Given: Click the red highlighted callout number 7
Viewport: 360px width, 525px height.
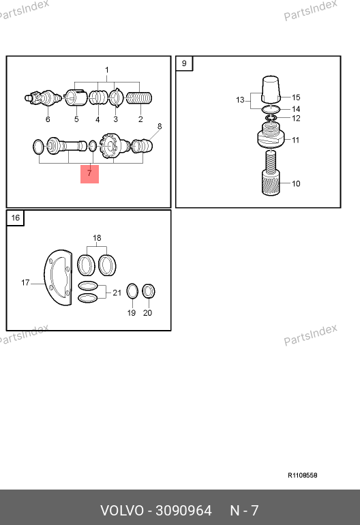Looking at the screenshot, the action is pos(89,173).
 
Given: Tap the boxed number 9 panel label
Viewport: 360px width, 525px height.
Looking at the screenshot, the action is pos(184,63).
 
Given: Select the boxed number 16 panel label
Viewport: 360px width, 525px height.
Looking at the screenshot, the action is pos(16,218).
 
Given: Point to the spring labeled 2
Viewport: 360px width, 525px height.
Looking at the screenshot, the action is pos(139,98).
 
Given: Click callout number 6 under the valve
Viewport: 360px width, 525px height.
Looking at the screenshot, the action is pos(48,119).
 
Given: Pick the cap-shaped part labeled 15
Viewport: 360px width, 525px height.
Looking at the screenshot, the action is pos(270,89).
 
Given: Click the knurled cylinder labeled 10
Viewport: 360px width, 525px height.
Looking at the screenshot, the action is pos(271,183).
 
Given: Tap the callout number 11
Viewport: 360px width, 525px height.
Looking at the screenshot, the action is pos(295,140).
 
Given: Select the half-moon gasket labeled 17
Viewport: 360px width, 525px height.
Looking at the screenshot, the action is pos(58,277).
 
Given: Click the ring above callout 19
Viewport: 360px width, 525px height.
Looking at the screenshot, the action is pos(132,291).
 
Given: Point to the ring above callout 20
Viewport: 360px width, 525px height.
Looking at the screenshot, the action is pos(149,291).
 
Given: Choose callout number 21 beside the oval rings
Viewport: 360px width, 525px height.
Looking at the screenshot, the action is pos(117,292).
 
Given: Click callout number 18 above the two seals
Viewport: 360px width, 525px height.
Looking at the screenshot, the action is pos(97,238).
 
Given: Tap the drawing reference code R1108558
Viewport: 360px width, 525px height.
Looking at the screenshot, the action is pos(303,475).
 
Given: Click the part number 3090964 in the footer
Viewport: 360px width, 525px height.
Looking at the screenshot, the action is pos(183,511).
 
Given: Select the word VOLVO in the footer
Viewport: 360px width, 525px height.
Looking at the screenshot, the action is pos(122,511).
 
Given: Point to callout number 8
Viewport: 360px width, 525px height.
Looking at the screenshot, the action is pos(160,127).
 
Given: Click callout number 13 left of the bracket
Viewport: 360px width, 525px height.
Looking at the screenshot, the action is pos(240,100).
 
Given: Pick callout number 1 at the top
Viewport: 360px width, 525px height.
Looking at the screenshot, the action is pos(107,70).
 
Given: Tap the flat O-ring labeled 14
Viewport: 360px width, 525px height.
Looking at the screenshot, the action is pos(271,109).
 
